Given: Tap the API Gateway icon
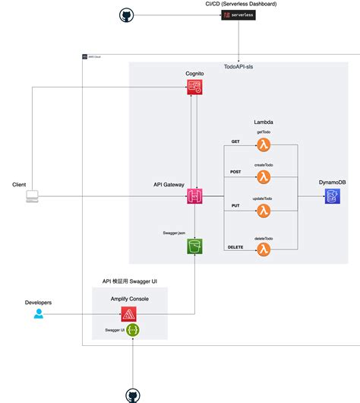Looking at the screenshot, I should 194,196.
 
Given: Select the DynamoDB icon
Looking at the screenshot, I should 332,196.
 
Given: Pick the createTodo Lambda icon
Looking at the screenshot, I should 263,177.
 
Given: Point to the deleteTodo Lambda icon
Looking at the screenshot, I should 263,249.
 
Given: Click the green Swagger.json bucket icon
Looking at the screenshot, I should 194,246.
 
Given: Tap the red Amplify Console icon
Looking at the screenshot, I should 133,313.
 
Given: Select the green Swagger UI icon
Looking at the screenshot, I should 133,330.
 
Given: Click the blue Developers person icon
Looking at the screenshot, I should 39,313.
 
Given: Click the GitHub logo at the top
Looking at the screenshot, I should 126,15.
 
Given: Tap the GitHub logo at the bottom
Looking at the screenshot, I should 133,394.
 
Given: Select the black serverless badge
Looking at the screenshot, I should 238,15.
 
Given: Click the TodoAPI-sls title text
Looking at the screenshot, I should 239,67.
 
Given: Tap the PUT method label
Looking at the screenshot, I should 235,205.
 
